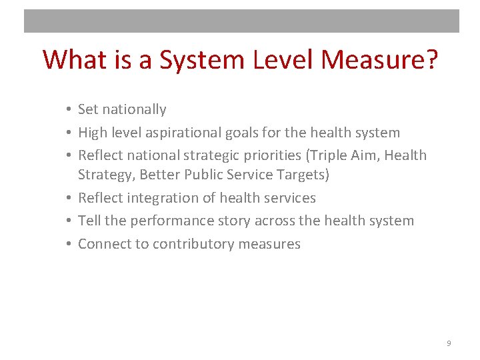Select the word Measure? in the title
pyautogui.click(x=379, y=60)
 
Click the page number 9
pyautogui.click(x=449, y=343)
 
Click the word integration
pyautogui.click(x=161, y=198)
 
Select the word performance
pyautogui.click(x=165, y=221)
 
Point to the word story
pyautogui.click(x=225, y=221)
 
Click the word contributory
pyautogui.click(x=190, y=244)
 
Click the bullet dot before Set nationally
pyautogui.click(x=69, y=109)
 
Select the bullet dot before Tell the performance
pyautogui.click(x=69, y=221)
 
